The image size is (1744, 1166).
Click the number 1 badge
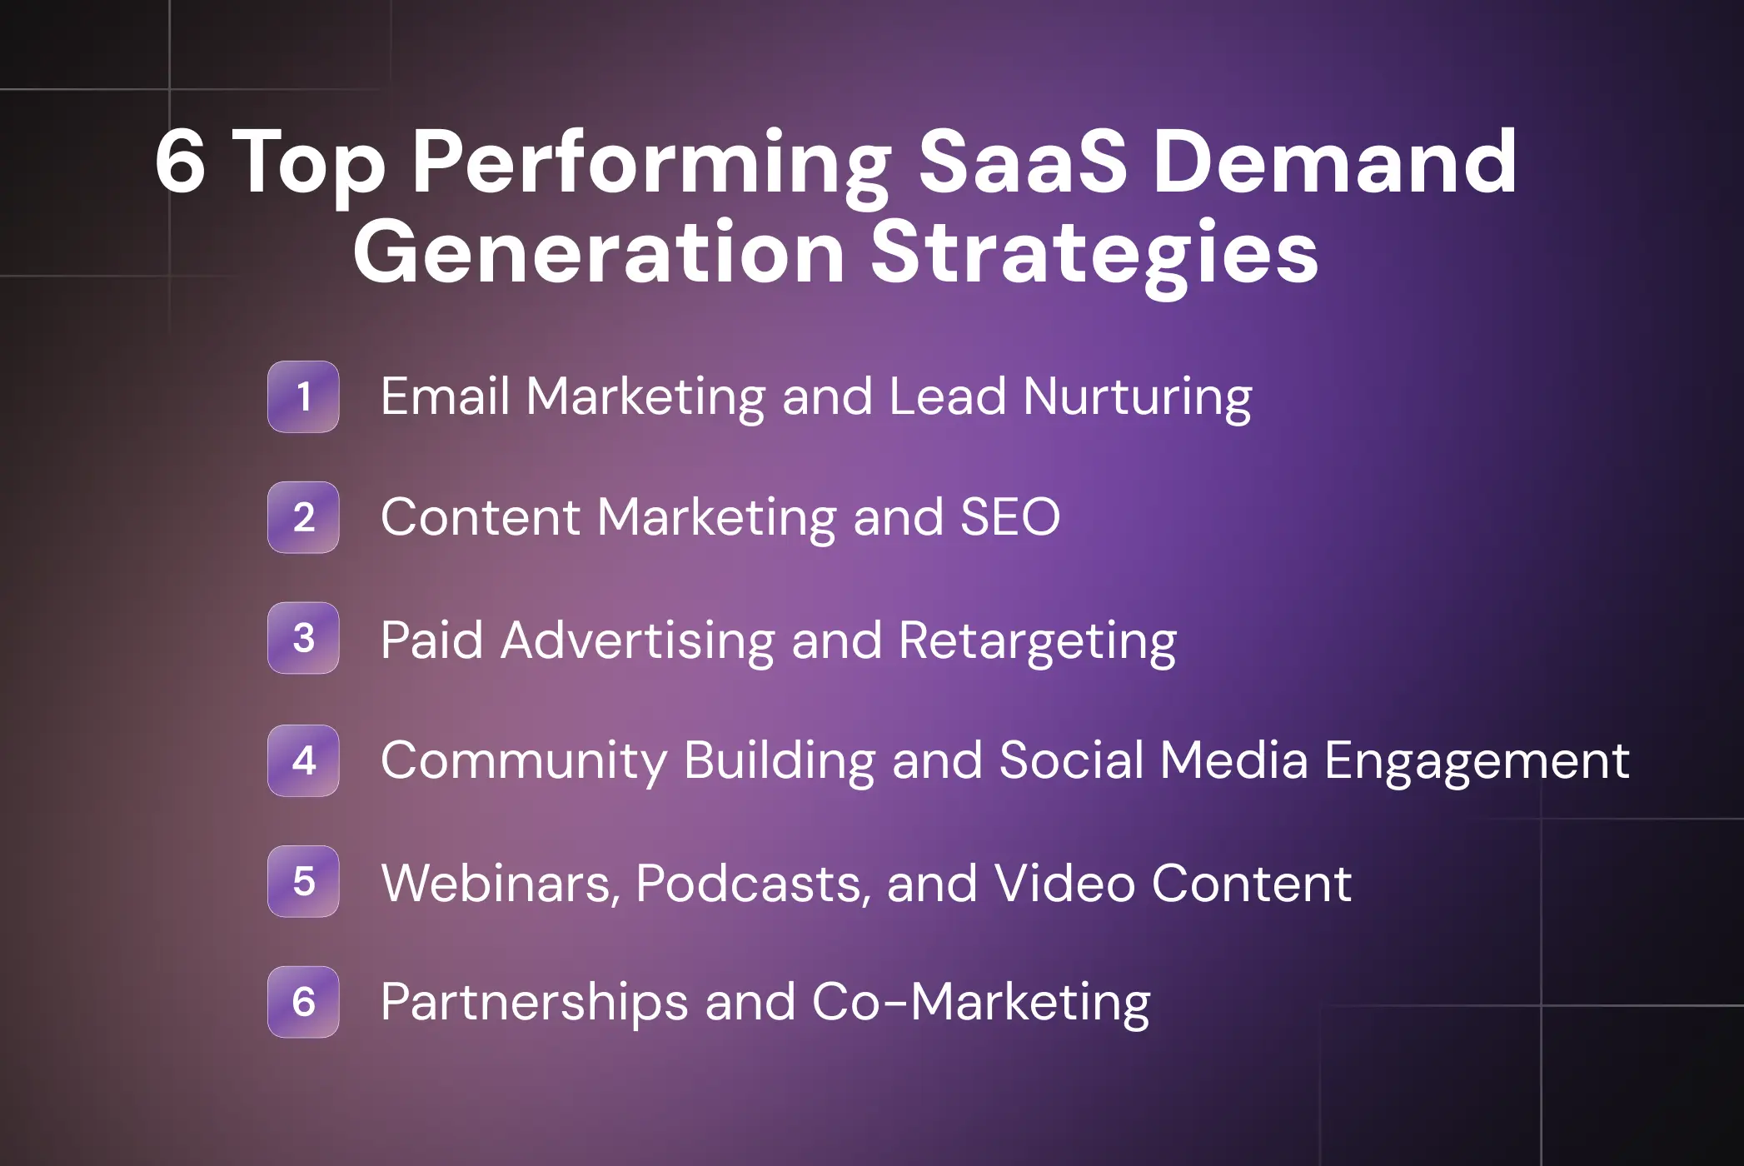point(303,396)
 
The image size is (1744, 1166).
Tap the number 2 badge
point(303,517)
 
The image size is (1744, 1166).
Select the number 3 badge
point(303,638)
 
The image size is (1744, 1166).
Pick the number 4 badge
point(303,760)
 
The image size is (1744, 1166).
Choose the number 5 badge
point(303,881)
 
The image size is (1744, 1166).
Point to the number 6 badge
point(303,1002)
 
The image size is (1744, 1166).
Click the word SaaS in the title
point(1023,162)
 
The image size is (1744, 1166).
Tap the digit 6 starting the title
point(180,162)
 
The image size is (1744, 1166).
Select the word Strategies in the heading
point(1094,253)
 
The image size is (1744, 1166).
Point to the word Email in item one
point(445,396)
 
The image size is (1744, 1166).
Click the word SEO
point(1010,517)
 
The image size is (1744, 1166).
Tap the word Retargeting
point(1037,640)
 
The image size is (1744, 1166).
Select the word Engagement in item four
point(1476,761)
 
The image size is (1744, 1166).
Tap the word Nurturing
point(1137,396)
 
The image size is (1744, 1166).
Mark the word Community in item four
point(523,761)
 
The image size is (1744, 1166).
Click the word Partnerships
point(534,1002)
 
